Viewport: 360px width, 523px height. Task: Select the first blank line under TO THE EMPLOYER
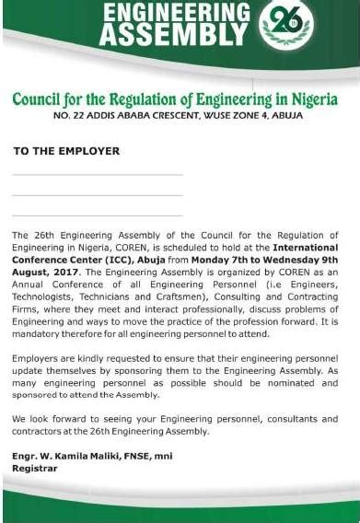click(98, 173)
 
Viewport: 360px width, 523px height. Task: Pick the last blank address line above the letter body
click(98, 214)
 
